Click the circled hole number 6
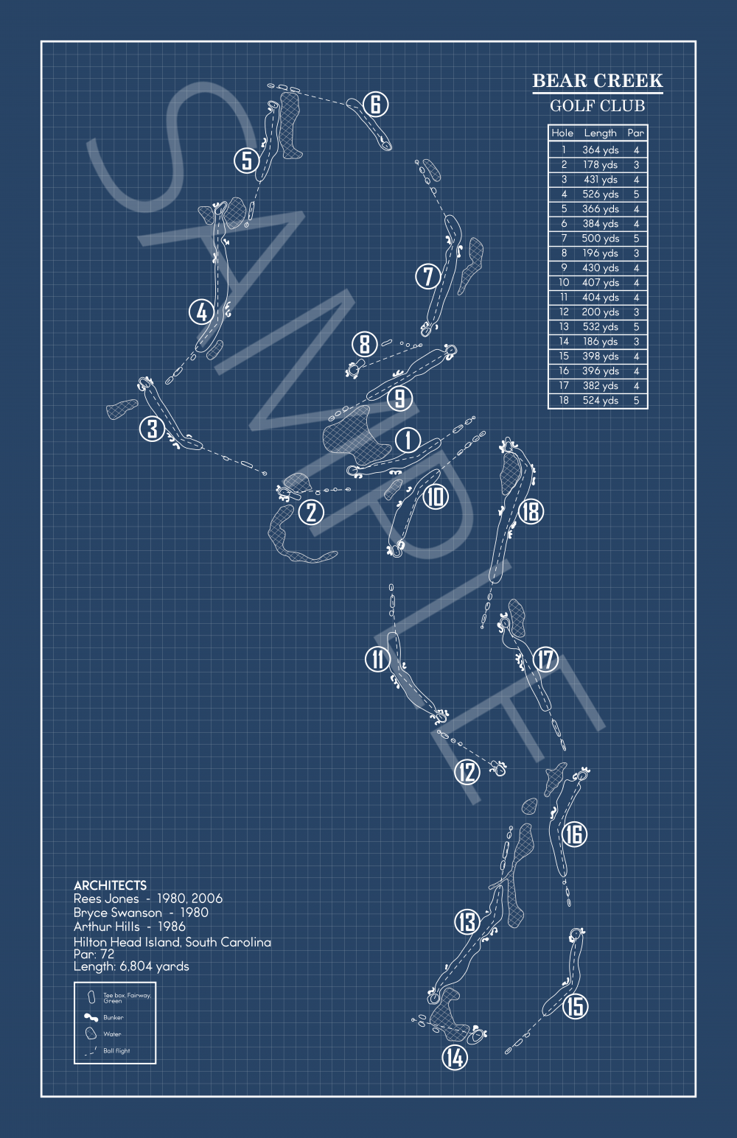(x=375, y=105)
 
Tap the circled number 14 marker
(x=455, y=1058)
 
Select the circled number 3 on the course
(x=152, y=429)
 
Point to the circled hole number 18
(x=531, y=511)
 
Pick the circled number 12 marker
(x=467, y=772)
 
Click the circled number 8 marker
(x=364, y=343)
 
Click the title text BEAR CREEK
(x=597, y=81)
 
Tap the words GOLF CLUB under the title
(x=597, y=106)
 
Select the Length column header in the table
(x=600, y=133)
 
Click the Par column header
(x=635, y=133)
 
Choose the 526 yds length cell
(x=600, y=194)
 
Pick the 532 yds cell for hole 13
(x=600, y=327)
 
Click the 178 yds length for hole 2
(x=600, y=165)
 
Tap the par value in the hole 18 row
(x=636, y=401)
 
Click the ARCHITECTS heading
(x=110, y=885)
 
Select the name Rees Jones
(x=106, y=899)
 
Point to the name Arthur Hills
(x=106, y=927)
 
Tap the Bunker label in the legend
(x=113, y=1017)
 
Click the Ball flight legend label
(x=116, y=1051)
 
